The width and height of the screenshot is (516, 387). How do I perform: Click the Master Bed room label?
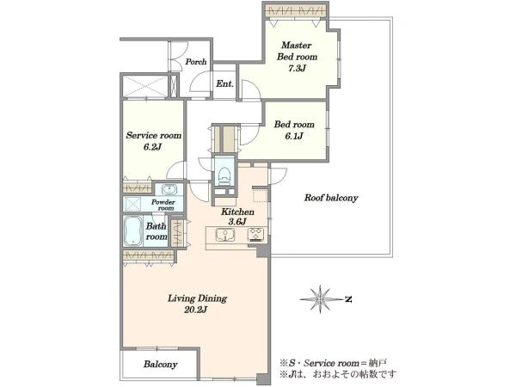point(297,51)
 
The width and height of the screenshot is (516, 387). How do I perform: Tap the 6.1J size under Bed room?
point(293,136)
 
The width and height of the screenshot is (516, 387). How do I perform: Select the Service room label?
point(154,135)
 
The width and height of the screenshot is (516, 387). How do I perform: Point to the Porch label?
point(196,62)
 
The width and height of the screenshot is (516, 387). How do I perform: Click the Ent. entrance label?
point(224,83)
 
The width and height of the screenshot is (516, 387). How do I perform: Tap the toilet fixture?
point(224,175)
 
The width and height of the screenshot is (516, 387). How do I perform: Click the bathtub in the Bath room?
point(133,230)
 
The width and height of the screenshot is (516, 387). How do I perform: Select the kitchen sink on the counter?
point(225,235)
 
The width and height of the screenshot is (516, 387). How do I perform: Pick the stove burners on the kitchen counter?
point(256,234)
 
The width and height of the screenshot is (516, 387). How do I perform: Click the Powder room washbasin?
point(169,189)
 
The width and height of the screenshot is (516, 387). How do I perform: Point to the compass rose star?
point(320,298)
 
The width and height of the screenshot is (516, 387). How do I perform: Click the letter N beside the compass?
point(348,299)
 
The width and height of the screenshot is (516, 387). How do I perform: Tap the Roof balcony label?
point(331,198)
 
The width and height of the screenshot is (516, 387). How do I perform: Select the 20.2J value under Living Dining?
point(195,310)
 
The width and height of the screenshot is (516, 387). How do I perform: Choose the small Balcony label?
point(160,365)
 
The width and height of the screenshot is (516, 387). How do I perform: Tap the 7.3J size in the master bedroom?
point(298,68)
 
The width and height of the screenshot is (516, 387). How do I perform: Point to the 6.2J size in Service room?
point(152,147)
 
